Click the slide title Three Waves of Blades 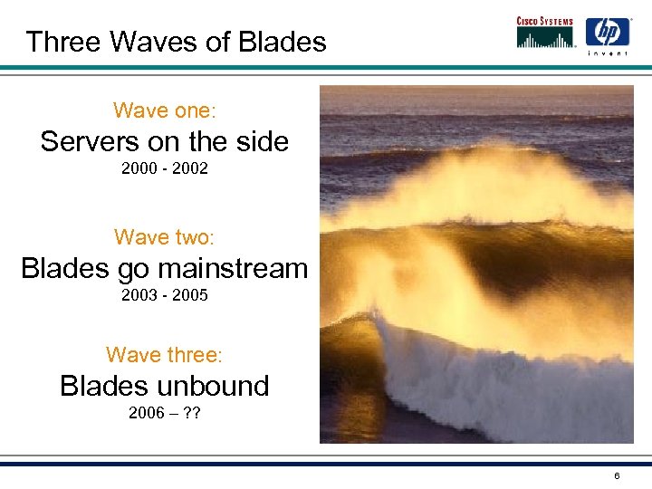[x=176, y=42]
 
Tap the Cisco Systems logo [x=546, y=32]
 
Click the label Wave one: [x=164, y=110]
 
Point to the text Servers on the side [x=164, y=141]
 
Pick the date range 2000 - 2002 [x=164, y=168]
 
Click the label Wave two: [x=164, y=237]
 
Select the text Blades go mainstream [x=164, y=268]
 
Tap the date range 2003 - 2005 [x=164, y=295]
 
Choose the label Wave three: [x=164, y=354]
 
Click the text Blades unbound [x=164, y=386]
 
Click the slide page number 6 [x=616, y=476]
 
